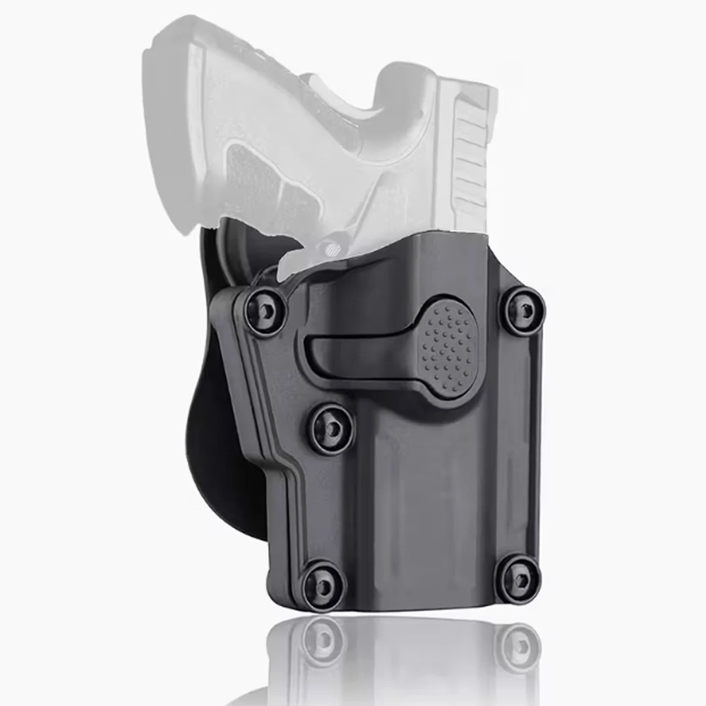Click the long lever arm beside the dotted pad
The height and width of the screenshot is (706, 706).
[x=353, y=351]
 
